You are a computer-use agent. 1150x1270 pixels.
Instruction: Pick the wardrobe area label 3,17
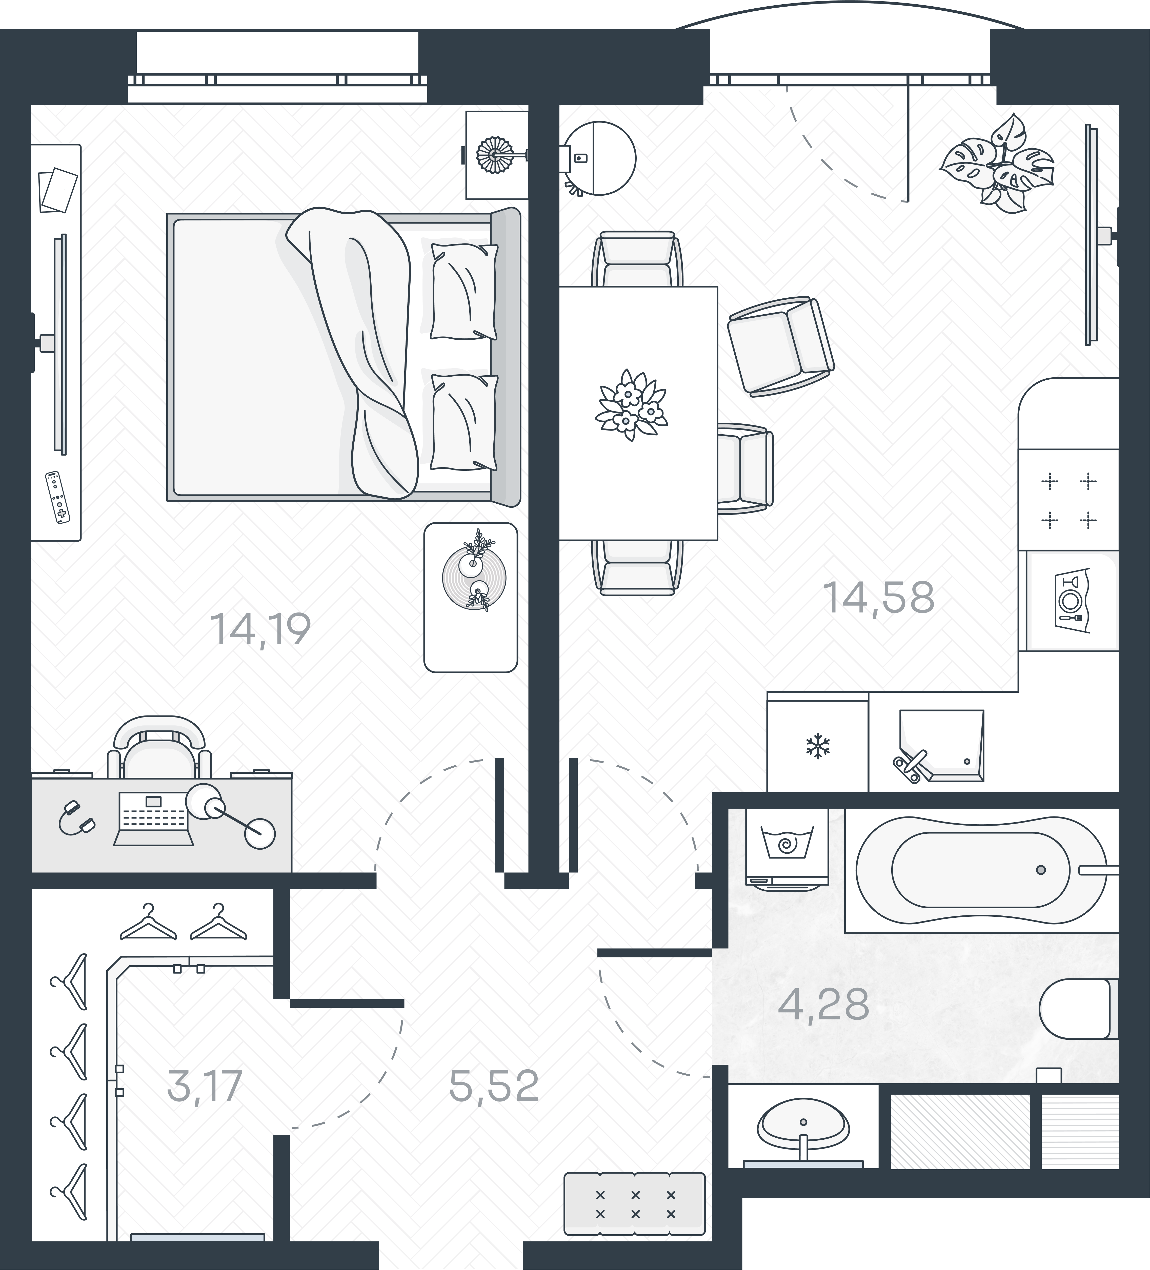tap(205, 1086)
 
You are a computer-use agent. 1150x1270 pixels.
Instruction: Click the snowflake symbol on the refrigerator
tap(818, 747)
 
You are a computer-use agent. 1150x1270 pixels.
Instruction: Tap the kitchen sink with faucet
tap(942, 747)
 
